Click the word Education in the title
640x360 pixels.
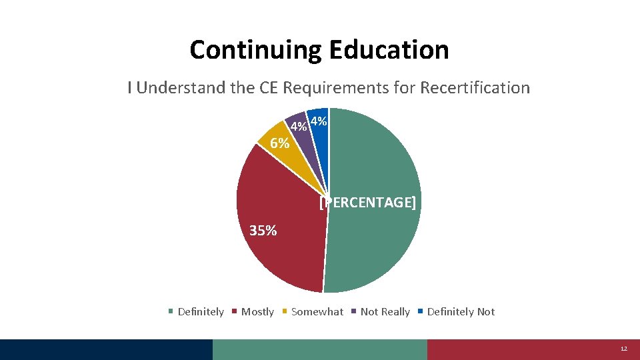(387, 50)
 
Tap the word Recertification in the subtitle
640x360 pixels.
(475, 88)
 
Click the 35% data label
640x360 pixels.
(263, 231)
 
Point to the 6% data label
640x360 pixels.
(279, 143)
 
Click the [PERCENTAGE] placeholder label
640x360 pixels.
(367, 203)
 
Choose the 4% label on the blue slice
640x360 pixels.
(319, 122)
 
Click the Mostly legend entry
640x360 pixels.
(257, 312)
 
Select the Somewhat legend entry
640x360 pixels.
(317, 312)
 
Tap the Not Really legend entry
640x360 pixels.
(385, 312)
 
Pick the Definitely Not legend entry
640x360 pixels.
(461, 312)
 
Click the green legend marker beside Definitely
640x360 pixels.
(171, 312)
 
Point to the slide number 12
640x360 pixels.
(624, 349)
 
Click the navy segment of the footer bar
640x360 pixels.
(107, 349)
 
